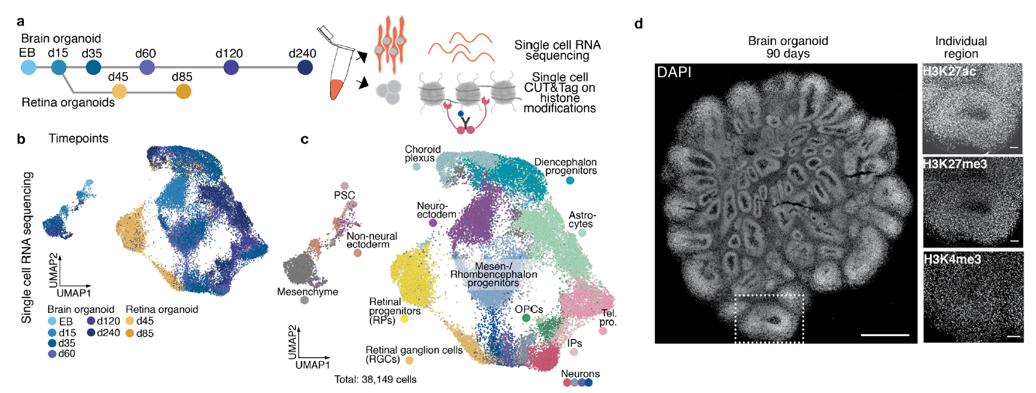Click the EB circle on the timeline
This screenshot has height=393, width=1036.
[28, 68]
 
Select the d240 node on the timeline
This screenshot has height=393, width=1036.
[306, 68]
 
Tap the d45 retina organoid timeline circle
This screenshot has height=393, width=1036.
[120, 92]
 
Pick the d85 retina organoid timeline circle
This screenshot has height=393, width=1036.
[184, 92]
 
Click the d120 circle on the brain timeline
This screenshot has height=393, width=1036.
[232, 68]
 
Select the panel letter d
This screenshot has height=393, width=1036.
[638, 23]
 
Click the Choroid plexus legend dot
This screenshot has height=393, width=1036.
[417, 167]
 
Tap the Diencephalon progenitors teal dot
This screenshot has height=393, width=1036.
[571, 180]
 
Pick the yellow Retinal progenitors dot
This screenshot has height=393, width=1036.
[404, 319]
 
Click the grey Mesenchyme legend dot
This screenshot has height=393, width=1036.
[304, 300]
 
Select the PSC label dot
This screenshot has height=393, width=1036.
[345, 186]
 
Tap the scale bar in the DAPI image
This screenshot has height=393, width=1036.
[884, 335]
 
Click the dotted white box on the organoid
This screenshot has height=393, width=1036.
[769, 318]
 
